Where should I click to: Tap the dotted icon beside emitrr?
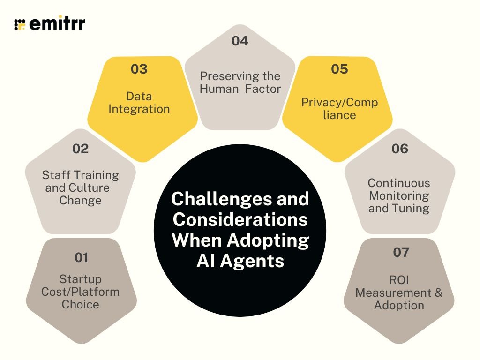point(20,24)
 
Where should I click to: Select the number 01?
point(81,257)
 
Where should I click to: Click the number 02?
point(81,149)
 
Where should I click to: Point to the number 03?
point(139,69)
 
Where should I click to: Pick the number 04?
point(240,41)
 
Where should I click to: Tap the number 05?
point(339,69)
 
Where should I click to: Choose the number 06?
point(400,149)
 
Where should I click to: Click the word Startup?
point(81,279)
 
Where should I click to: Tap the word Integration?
point(139,109)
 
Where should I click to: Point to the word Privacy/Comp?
point(339,102)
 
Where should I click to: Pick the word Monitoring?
point(399,195)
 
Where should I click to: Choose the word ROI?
point(399,280)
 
